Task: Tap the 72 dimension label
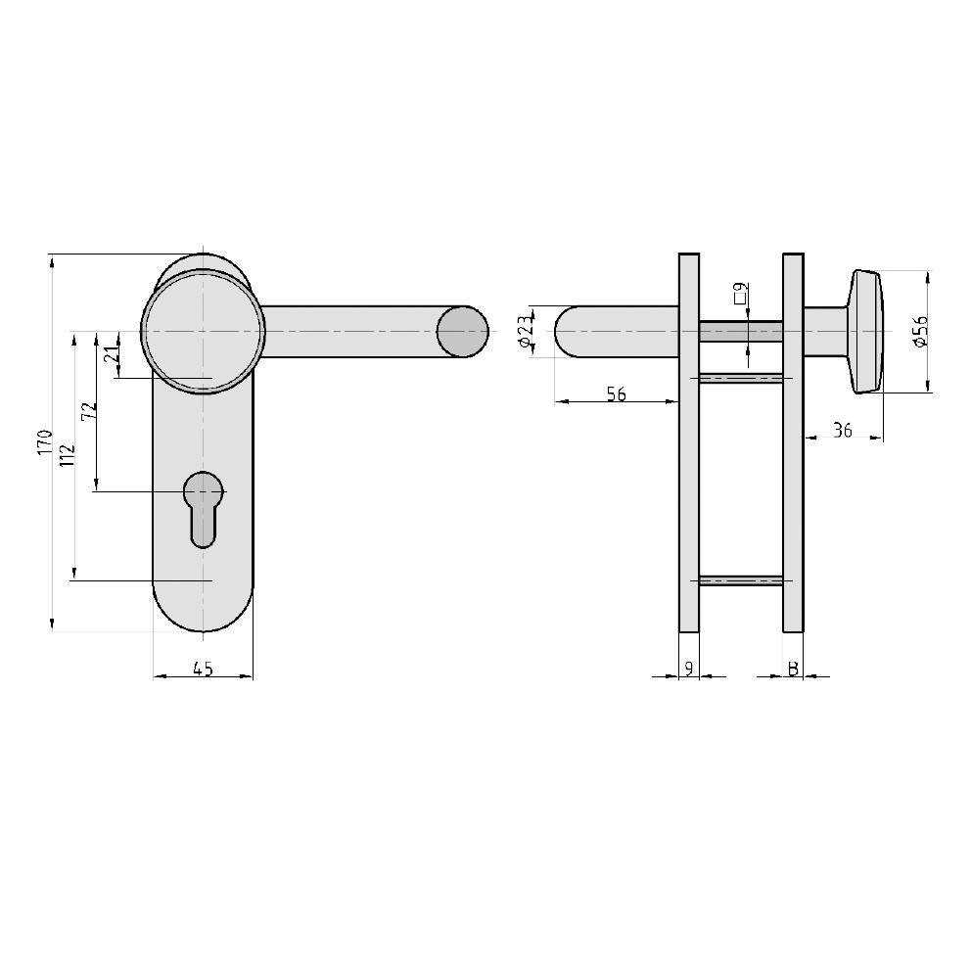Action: pyautogui.click(x=88, y=411)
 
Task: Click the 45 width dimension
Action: pyautogui.click(x=203, y=669)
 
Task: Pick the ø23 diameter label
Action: pyautogui.click(x=527, y=331)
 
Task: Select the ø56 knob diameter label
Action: pyautogui.click(x=920, y=332)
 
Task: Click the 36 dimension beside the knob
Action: pyautogui.click(x=841, y=430)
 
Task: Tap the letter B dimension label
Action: pyautogui.click(x=793, y=669)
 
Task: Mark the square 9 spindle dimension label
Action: pyautogui.click(x=741, y=292)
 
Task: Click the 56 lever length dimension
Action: pyautogui.click(x=616, y=394)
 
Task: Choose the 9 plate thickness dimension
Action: pyautogui.click(x=689, y=669)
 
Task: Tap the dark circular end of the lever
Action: pyautogui.click(x=461, y=331)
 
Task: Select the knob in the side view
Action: pyautogui.click(x=867, y=332)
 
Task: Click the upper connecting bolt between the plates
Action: pyautogui.click(x=740, y=378)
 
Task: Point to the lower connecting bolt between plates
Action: pyautogui.click(x=740, y=581)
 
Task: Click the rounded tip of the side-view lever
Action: pyautogui.click(x=568, y=331)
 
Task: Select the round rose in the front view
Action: pyautogui.click(x=203, y=331)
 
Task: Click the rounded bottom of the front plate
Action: pyautogui.click(x=203, y=612)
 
